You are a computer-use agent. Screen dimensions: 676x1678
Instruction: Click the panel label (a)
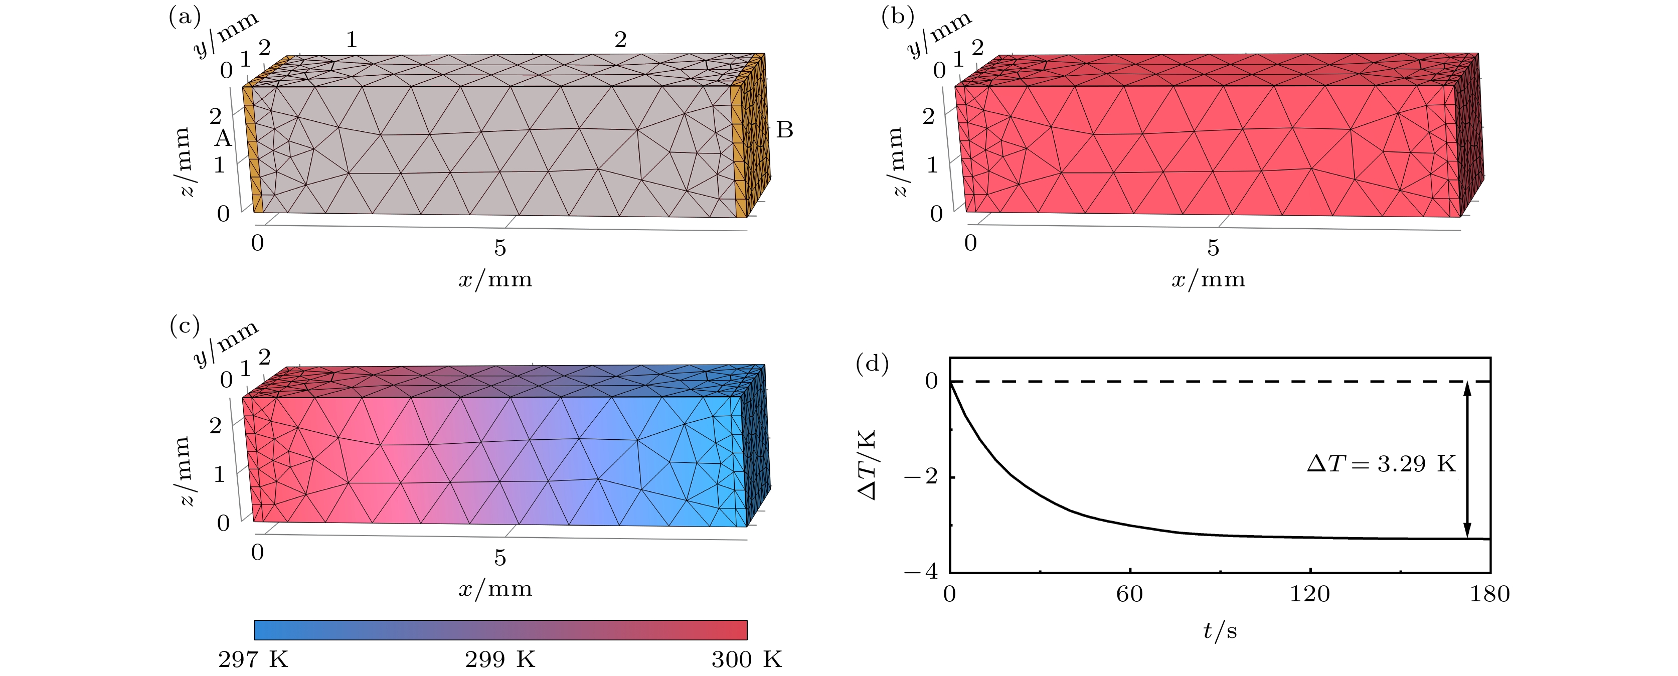(x=185, y=16)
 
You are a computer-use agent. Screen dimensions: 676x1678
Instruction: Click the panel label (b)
(x=898, y=16)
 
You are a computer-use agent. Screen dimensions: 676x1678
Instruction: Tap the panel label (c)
(x=185, y=325)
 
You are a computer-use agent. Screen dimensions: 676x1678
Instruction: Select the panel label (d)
(x=872, y=364)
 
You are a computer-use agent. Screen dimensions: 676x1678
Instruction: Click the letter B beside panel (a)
(x=785, y=130)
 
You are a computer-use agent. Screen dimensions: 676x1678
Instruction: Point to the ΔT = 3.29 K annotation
(x=1382, y=464)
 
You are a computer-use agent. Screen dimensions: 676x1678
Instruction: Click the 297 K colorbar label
(x=253, y=660)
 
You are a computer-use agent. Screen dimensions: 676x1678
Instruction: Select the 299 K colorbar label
(x=499, y=660)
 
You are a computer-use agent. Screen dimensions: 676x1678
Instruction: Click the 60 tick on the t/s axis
(x=1129, y=594)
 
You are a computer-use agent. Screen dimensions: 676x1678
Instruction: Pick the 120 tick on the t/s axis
(x=1310, y=594)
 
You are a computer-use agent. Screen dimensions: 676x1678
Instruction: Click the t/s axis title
(x=1220, y=630)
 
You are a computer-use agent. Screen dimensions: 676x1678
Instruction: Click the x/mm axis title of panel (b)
(x=1208, y=279)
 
